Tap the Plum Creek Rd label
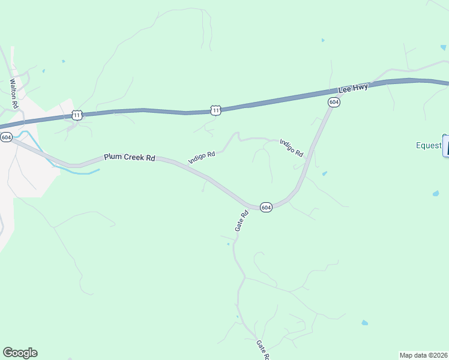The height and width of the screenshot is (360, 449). (129, 157)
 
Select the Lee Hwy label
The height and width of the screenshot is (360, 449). (353, 89)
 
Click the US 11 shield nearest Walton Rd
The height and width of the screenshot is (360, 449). (77, 114)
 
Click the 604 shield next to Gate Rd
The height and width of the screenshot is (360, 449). (267, 207)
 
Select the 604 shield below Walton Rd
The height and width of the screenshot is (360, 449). (7, 137)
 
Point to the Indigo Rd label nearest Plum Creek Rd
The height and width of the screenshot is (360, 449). (201, 157)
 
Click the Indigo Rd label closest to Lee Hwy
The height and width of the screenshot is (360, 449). (292, 148)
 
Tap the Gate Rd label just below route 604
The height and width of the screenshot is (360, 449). (241, 221)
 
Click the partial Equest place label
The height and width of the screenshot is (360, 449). (429, 145)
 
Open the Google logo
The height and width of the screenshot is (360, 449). (20, 353)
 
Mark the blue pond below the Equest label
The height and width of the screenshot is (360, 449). (436, 193)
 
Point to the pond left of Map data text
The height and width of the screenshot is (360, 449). (364, 323)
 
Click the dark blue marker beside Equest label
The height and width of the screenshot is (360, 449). (446, 146)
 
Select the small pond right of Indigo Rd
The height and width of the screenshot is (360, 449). (324, 174)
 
